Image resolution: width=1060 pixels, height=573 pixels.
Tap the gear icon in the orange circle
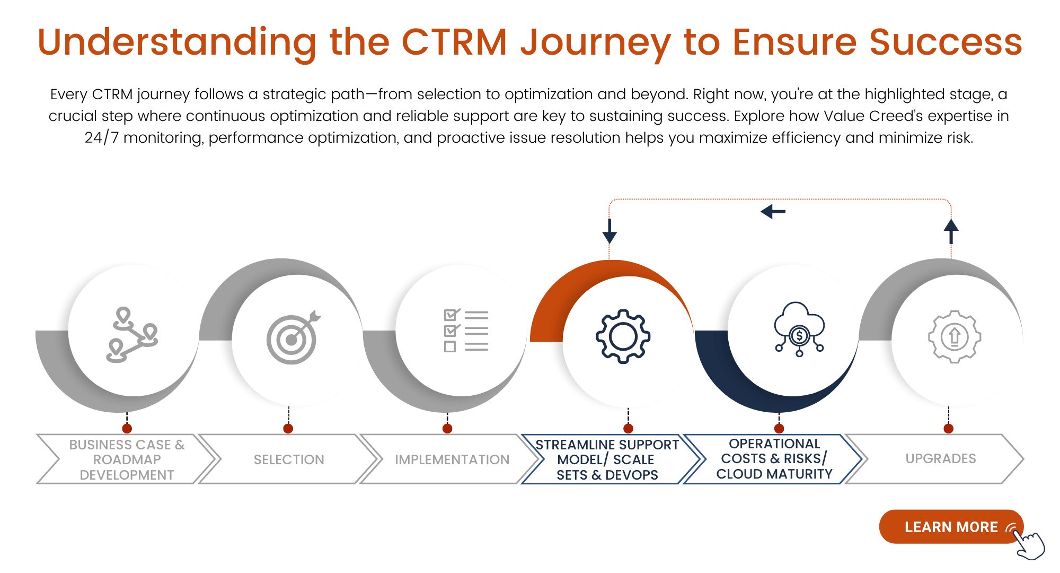click(x=623, y=336)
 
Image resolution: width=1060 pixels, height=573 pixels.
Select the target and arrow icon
click(x=293, y=337)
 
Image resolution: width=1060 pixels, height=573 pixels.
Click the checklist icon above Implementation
click(x=466, y=331)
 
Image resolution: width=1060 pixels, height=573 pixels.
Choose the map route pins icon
click(x=132, y=335)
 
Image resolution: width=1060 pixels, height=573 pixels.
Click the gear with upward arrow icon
click(x=954, y=337)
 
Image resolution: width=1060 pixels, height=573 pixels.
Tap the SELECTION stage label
click(x=289, y=459)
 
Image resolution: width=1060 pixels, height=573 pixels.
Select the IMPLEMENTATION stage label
click(x=452, y=459)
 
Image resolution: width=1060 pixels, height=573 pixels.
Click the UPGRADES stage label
click(x=941, y=458)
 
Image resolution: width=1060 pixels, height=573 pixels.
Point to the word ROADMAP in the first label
click(x=127, y=459)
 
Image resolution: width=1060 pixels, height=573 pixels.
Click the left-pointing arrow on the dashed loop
click(x=773, y=212)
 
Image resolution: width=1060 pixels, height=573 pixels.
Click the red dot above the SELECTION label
click(x=288, y=429)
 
